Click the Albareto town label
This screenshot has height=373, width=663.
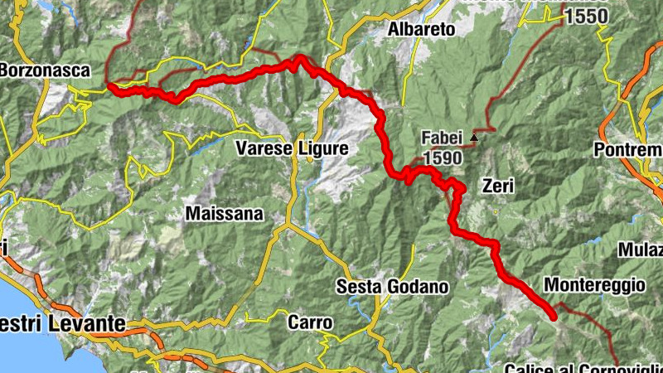[x=423, y=30]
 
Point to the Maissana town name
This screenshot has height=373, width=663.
[x=224, y=214]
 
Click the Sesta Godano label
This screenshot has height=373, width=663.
[x=393, y=287]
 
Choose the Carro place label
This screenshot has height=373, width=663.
[x=310, y=322]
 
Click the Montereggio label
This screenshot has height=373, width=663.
[x=593, y=285]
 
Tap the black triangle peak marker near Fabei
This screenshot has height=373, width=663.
[x=474, y=137]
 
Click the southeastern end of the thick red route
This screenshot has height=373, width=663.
[x=553, y=316]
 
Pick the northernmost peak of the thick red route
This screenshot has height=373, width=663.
[x=300, y=57]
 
